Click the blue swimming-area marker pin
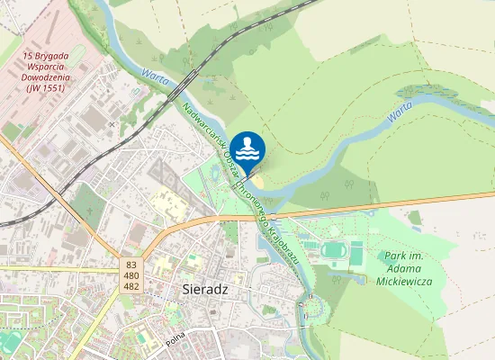pyautogui.click(x=247, y=149)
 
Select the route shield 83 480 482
pyautogui.click(x=131, y=275)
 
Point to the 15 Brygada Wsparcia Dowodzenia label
pyautogui.click(x=50, y=71)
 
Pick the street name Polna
pyautogui.click(x=176, y=341)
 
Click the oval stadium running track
pyautogui.click(x=335, y=249)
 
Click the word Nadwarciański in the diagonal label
pyautogui.click(x=202, y=125)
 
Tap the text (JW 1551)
pyautogui.click(x=50, y=87)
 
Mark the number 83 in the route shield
pyautogui.click(x=131, y=265)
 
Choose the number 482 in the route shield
pyautogui.click(x=131, y=286)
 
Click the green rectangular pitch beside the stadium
pyautogui.click(x=356, y=253)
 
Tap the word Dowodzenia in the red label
pyautogui.click(x=50, y=76)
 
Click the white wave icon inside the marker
pyautogui.click(x=247, y=148)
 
